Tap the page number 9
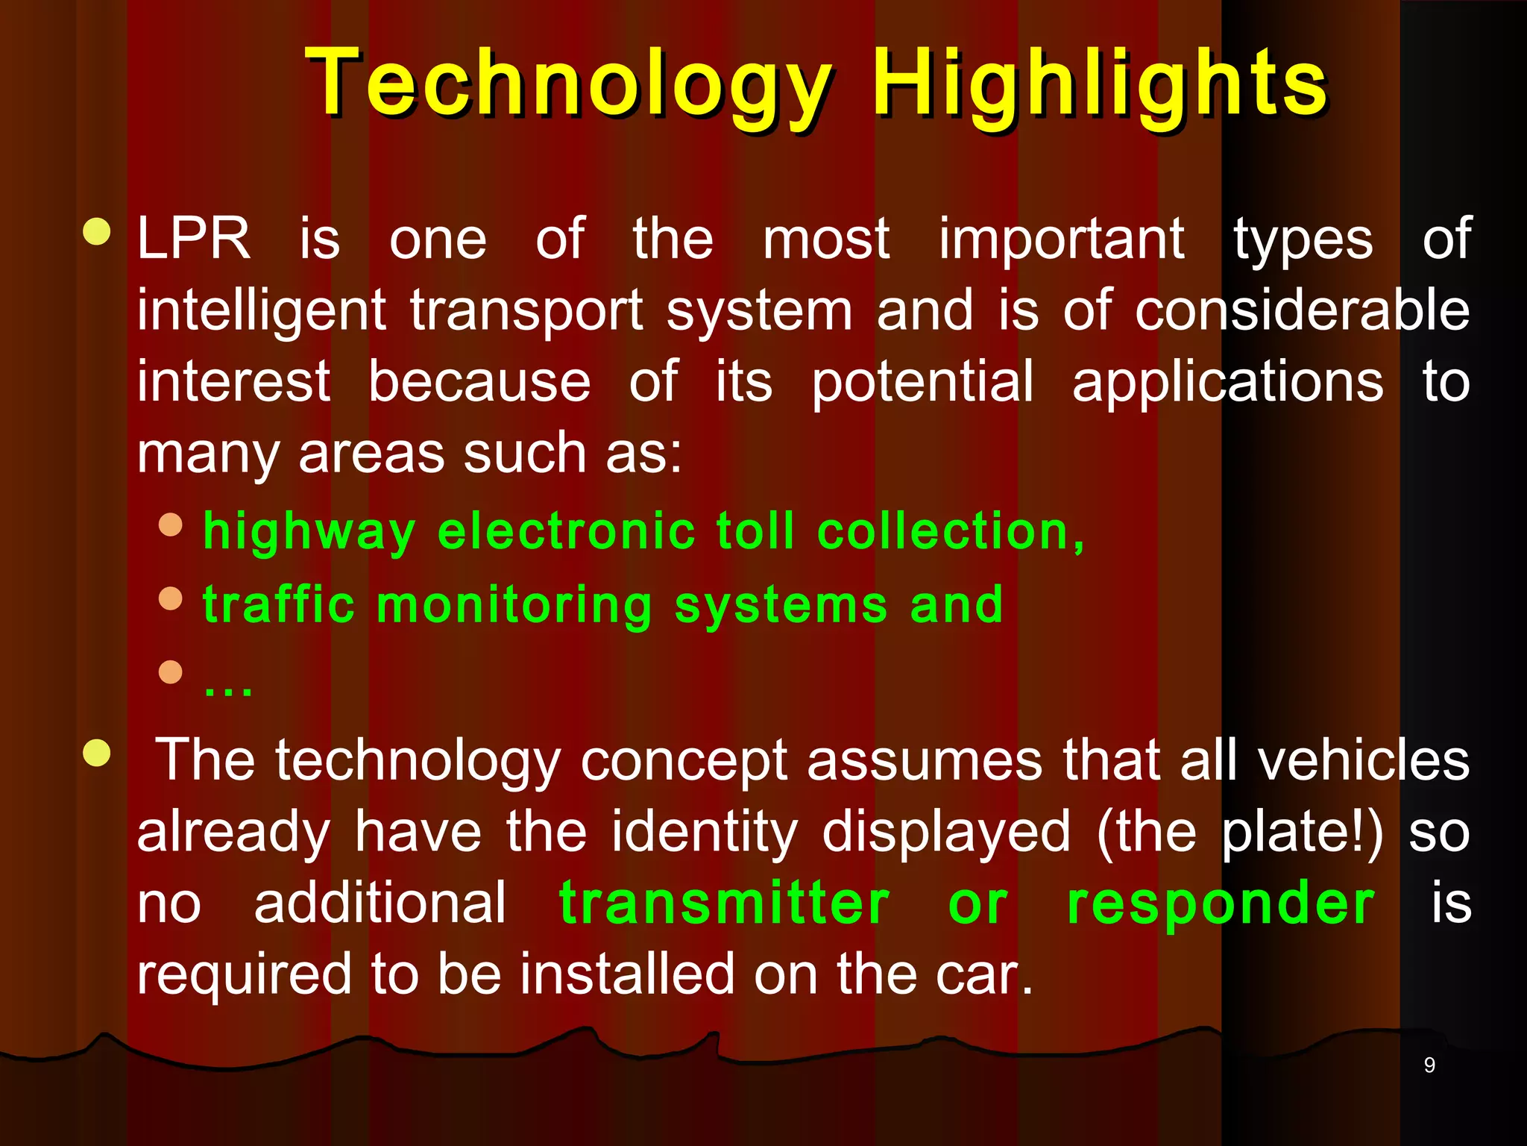pos(1429,1065)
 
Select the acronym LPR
pos(194,239)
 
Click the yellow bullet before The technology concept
pos(97,753)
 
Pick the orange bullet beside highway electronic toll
pos(171,525)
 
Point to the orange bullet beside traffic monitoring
pos(171,598)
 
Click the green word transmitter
pos(724,903)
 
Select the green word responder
pos(1221,903)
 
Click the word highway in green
pos(309,532)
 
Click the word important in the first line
pos(1061,239)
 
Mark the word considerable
pos(1302,310)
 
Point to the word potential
pos(922,382)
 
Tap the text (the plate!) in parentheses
pos(1240,832)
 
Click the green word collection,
pos(951,532)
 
